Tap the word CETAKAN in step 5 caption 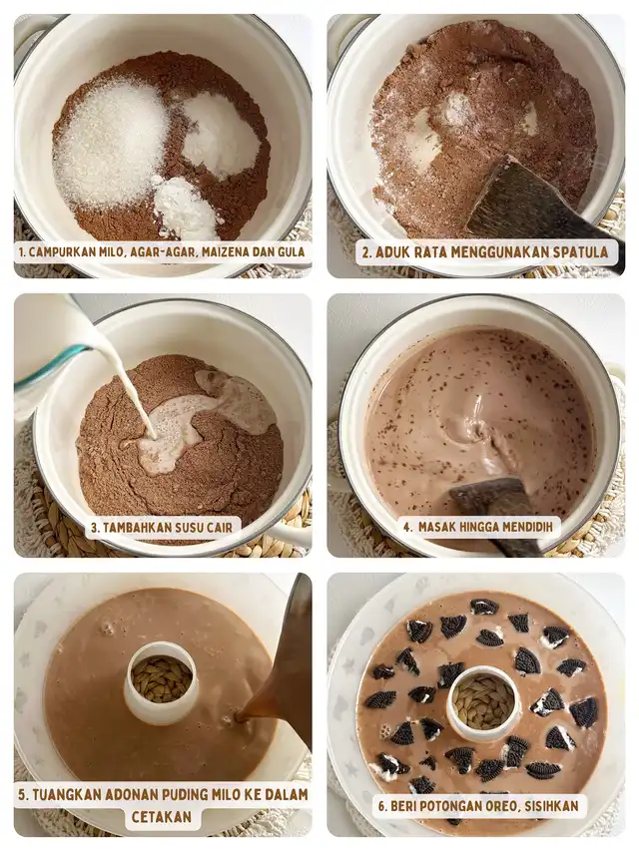(162, 817)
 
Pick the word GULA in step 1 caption (291, 252)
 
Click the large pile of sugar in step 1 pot (112, 147)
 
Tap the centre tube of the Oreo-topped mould (483, 702)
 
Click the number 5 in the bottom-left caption (22, 795)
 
